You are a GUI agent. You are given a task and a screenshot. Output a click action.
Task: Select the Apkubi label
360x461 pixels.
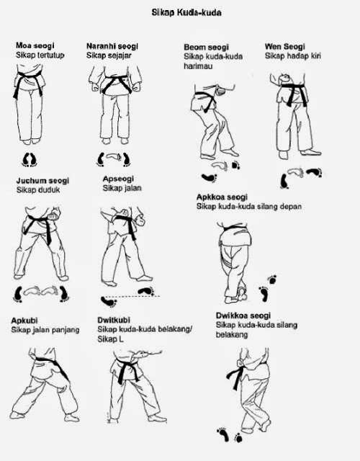(x=24, y=321)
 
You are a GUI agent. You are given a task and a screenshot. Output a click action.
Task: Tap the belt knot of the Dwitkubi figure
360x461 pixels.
(x=132, y=372)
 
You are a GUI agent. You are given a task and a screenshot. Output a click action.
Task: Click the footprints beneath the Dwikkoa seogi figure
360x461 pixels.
(x=229, y=435)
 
